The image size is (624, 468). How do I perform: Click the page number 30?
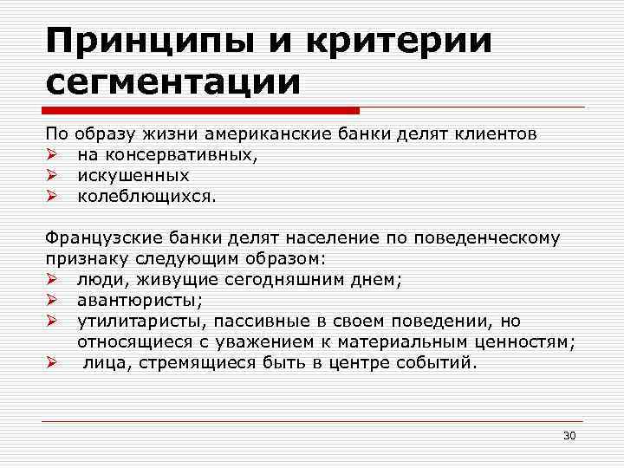coord(569,434)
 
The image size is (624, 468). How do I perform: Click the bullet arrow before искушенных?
coord(51,175)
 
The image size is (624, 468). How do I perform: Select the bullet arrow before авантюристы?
coord(51,300)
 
